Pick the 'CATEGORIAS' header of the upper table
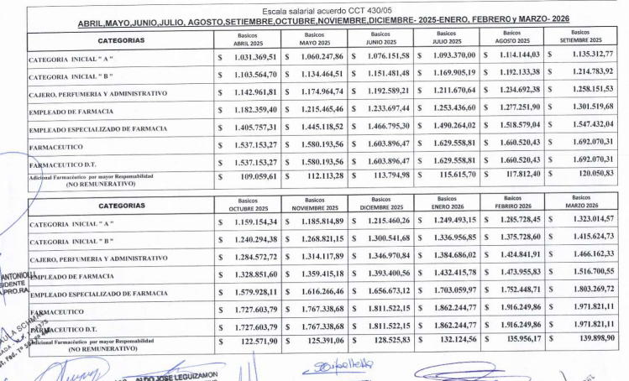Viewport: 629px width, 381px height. (120, 39)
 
